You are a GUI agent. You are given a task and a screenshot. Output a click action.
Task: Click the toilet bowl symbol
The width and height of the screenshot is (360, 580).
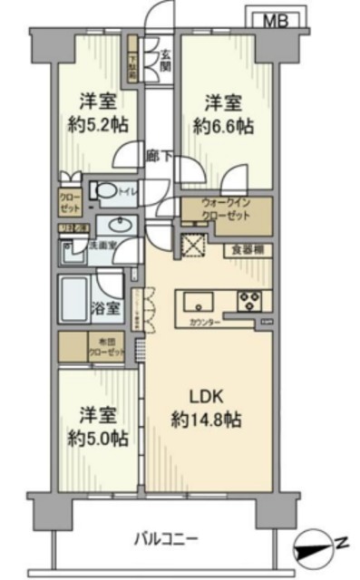point(111,192)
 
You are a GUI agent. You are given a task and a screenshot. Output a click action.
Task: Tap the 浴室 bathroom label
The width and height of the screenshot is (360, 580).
point(105,307)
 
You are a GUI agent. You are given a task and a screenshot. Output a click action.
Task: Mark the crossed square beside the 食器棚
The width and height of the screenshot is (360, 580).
point(192,246)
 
